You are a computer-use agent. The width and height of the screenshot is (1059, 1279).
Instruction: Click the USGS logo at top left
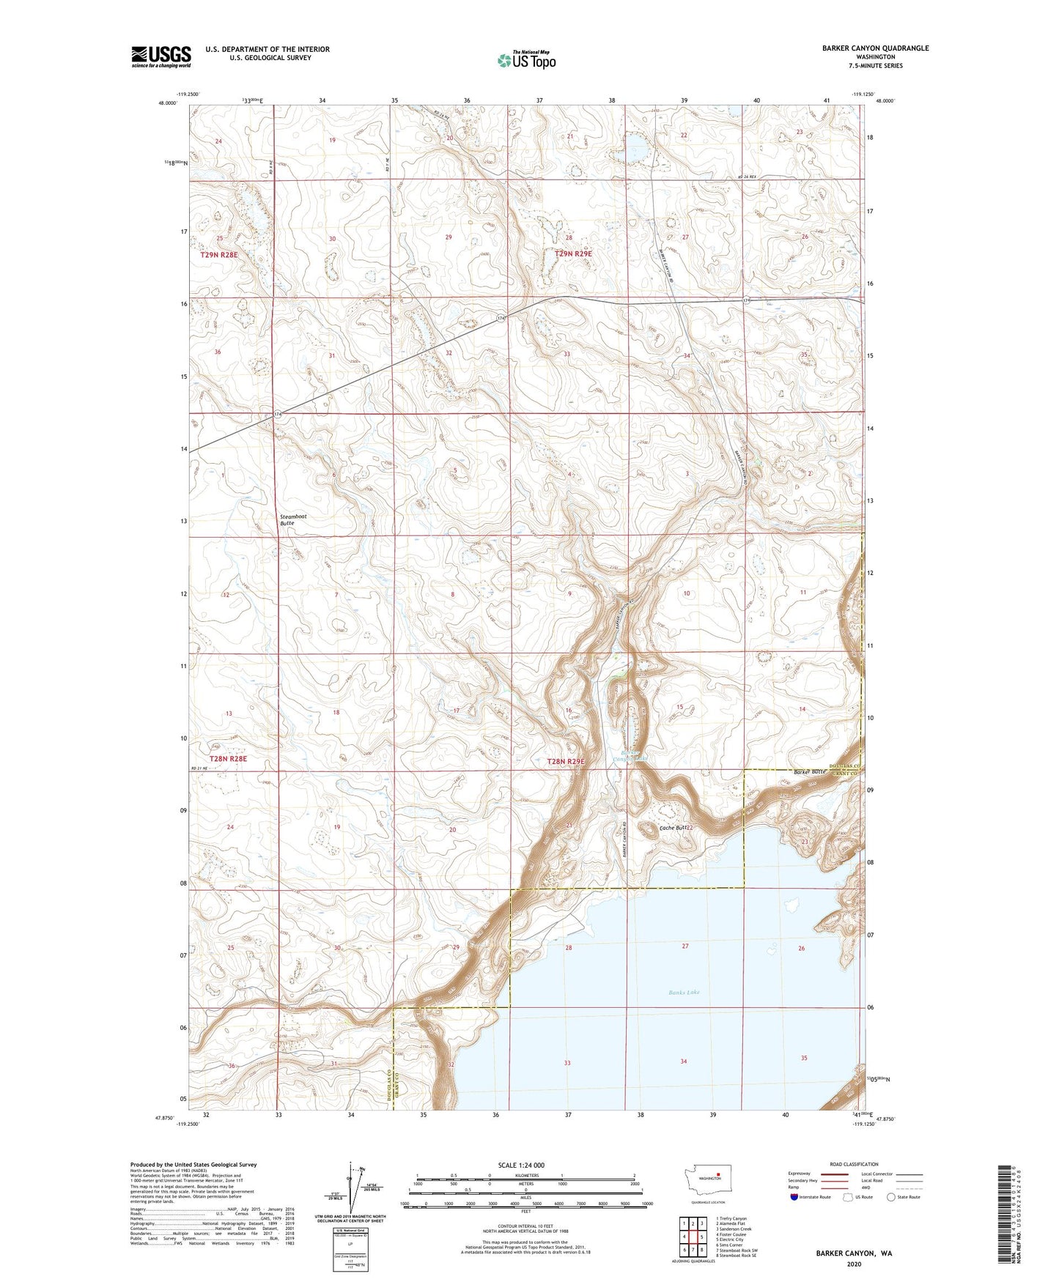(x=160, y=56)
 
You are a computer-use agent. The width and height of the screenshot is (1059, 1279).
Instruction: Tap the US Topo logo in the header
(x=526, y=60)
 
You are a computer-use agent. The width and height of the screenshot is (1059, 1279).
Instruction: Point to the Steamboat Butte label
(x=293, y=519)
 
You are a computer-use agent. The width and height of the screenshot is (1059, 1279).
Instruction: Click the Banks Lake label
(x=684, y=992)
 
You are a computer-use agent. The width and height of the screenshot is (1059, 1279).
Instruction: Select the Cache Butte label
(x=674, y=828)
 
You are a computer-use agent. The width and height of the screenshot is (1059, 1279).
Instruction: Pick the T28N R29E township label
(x=567, y=762)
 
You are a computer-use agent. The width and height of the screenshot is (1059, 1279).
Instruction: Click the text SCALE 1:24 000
(x=521, y=1165)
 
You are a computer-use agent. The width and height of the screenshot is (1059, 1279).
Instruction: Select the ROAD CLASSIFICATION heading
(x=854, y=1164)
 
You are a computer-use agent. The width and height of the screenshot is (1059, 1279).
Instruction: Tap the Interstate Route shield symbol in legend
(x=794, y=1197)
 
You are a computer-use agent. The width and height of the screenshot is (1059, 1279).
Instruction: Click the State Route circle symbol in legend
(x=891, y=1197)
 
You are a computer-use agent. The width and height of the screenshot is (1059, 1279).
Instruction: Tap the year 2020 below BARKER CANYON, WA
(x=854, y=1264)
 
